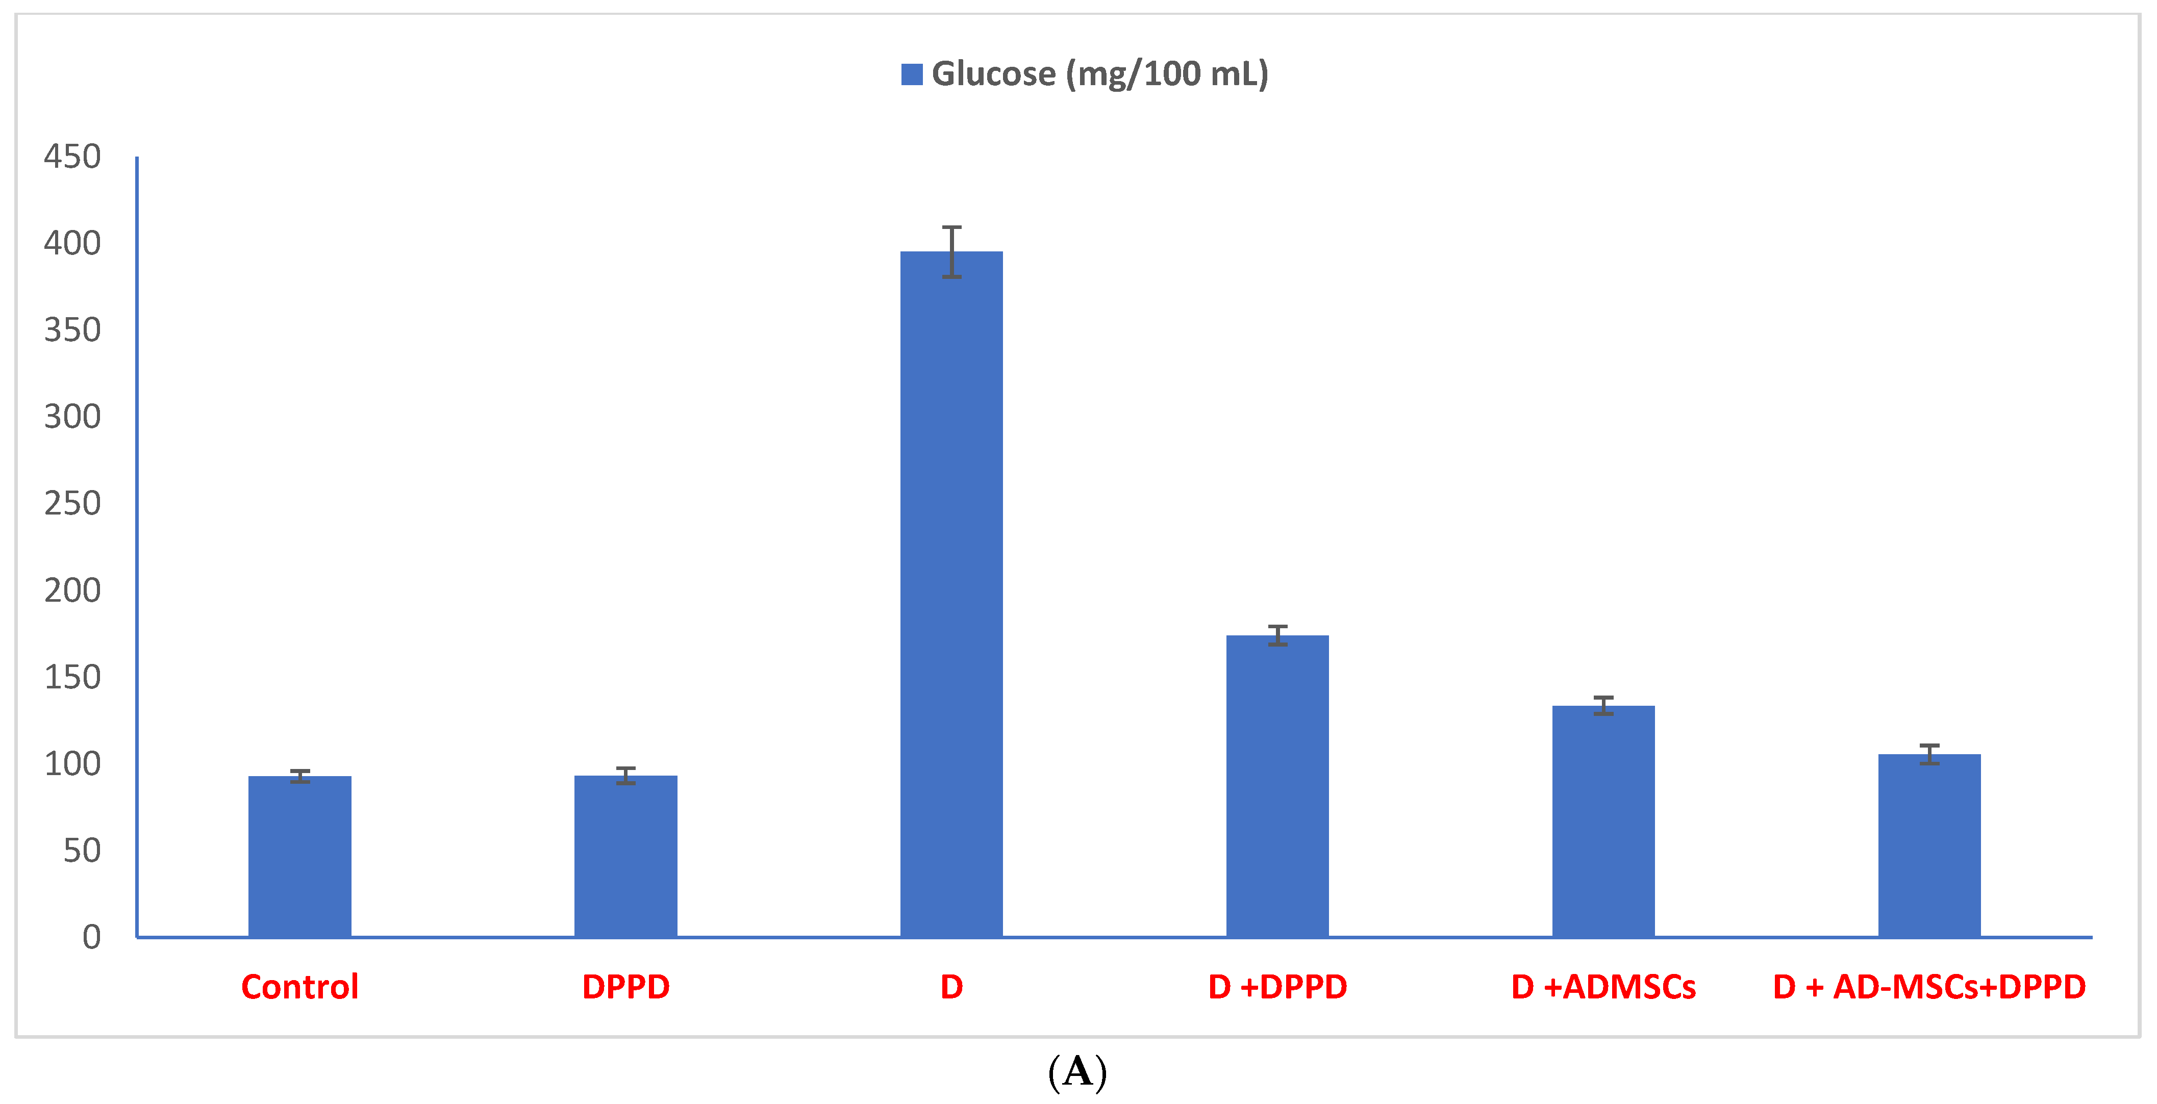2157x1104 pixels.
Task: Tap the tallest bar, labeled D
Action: (951, 594)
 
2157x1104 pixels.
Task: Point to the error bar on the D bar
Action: (951, 251)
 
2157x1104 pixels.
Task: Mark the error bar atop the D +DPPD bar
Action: (1277, 635)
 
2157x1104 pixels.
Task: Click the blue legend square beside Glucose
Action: (911, 74)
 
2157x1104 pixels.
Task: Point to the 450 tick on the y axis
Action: (73, 157)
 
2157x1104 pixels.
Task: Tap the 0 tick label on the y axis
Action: (91, 937)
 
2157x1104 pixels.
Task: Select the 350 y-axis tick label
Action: (73, 330)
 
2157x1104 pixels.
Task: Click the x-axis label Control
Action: (300, 987)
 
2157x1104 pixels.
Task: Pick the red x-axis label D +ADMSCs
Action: (1602, 987)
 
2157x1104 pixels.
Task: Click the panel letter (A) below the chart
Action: (1077, 1072)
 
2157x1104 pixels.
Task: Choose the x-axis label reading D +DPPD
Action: (1277, 987)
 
